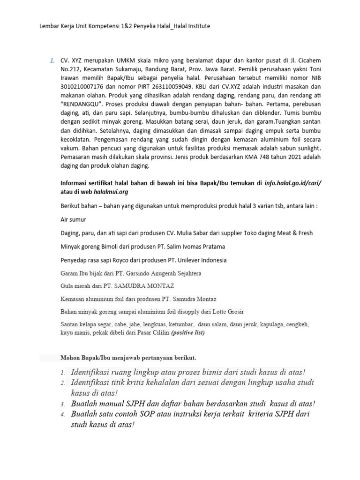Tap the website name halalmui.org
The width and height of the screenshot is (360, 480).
click(x=112, y=192)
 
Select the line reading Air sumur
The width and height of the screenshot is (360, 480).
click(x=74, y=219)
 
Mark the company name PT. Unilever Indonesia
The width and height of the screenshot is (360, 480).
click(x=192, y=260)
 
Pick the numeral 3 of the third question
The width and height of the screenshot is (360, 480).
click(x=62, y=404)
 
